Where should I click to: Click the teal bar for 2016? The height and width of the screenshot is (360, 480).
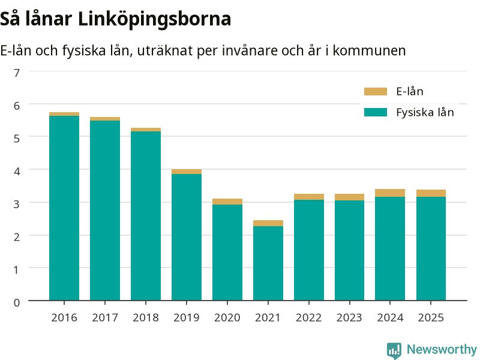64,208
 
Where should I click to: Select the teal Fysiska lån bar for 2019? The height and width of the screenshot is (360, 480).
187,237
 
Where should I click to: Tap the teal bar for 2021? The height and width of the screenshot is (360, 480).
268,263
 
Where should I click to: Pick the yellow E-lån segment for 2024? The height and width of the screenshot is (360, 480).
390,193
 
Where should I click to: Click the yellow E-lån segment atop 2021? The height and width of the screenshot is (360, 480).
268,223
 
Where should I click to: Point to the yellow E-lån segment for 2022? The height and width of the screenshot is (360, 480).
309,197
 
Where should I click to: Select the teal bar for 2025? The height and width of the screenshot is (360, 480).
431,248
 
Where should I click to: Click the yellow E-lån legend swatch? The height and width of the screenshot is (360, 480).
376,92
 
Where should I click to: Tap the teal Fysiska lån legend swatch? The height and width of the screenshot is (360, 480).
376,112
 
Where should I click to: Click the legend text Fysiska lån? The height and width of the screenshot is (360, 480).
425,112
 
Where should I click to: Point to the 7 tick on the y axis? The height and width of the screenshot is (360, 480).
17,73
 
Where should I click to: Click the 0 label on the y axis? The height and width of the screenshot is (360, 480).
17,302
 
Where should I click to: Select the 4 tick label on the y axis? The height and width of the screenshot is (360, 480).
17,171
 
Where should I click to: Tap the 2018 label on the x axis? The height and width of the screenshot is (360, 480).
146,318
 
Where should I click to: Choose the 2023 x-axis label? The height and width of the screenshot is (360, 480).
349,318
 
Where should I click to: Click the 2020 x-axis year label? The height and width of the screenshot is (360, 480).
227,318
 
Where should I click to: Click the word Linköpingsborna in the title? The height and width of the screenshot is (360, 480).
154,19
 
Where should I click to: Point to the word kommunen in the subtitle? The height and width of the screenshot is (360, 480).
369,50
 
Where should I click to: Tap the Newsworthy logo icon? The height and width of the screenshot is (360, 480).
394,350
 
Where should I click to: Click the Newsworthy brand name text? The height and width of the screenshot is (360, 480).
442,349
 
